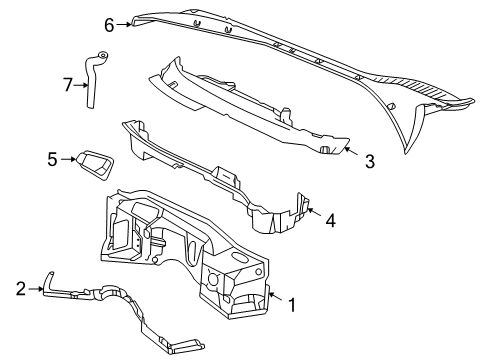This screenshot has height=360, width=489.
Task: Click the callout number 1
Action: (x=292, y=304)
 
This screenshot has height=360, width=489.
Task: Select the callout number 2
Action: (x=20, y=288)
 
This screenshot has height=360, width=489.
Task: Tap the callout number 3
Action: (x=369, y=160)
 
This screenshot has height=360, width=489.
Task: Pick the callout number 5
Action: (x=53, y=157)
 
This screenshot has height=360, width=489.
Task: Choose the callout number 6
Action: (x=109, y=22)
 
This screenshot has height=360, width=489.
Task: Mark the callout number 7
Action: (x=68, y=84)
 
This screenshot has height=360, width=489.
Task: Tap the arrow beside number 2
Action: (x=38, y=289)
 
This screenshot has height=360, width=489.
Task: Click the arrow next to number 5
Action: (x=70, y=157)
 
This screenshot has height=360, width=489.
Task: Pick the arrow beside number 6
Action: (x=127, y=22)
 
